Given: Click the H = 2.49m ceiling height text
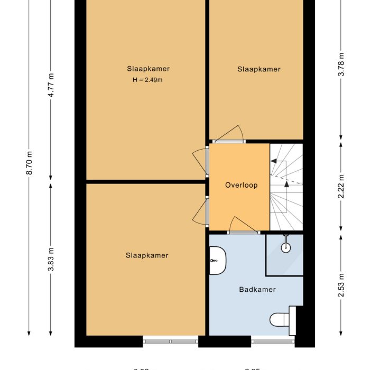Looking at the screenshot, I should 147,80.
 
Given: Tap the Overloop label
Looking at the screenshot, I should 241,185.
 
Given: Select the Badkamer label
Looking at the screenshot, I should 257,289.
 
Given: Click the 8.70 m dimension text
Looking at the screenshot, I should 29,163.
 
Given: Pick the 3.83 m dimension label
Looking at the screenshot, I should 51,260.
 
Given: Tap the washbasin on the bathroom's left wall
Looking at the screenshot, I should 217,261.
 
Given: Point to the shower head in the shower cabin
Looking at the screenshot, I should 285,246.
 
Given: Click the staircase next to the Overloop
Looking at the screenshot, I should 286,187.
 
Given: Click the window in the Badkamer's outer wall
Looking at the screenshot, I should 272,341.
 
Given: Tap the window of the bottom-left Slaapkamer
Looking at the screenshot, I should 171,341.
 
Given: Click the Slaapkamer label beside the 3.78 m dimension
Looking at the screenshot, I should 258,69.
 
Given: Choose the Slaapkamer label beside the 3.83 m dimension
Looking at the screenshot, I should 147,255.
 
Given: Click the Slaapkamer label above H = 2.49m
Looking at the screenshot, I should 148,69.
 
